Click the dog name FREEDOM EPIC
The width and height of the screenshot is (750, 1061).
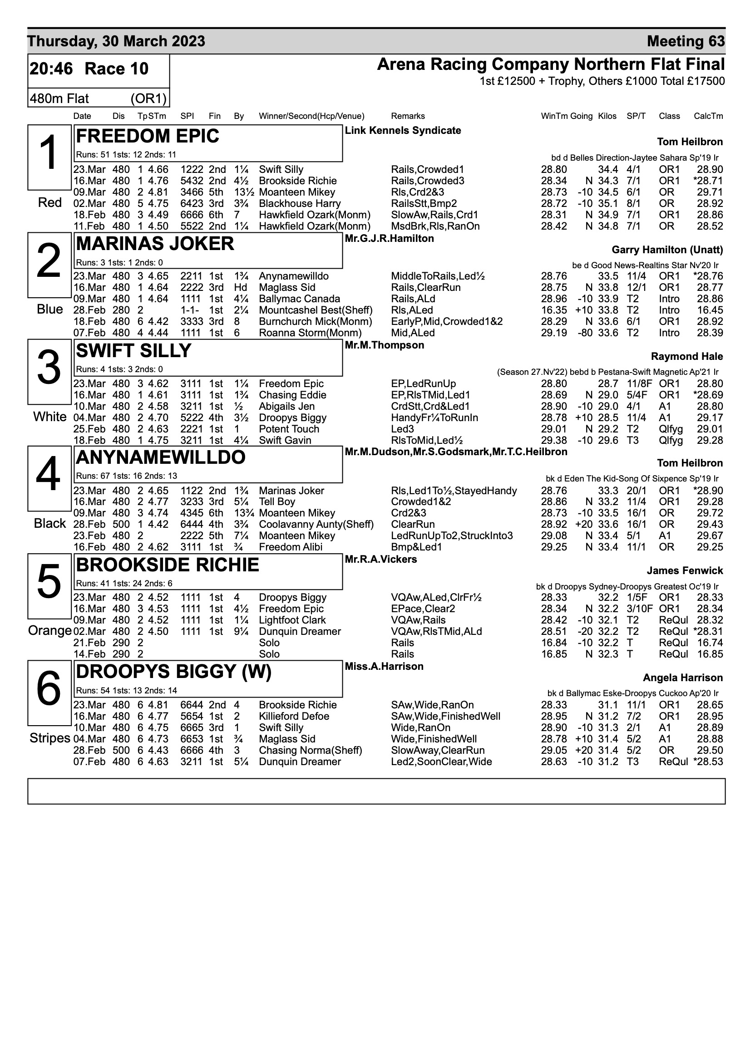coord(148,136)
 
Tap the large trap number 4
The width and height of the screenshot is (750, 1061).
coord(48,474)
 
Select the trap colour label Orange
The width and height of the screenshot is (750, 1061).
coord(49,631)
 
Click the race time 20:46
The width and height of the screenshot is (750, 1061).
coord(51,69)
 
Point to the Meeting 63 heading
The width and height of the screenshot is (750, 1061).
coord(685,41)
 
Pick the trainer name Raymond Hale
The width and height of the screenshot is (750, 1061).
coord(686,356)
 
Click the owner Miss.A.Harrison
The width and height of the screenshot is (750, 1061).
coord(384,666)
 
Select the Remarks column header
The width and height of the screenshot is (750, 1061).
coord(407,116)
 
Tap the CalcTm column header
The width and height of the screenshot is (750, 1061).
coord(708,116)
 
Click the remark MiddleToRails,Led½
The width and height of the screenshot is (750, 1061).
coord(437,276)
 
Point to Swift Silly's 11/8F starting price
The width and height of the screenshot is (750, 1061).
coord(637,383)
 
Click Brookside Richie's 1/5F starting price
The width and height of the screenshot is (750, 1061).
coord(637,598)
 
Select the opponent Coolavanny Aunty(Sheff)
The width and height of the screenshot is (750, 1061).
coord(316,525)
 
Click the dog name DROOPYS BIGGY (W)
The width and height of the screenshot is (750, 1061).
coord(173,672)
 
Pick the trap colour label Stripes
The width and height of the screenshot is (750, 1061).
coord(49,738)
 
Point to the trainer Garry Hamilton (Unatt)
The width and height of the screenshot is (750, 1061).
coord(667,250)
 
